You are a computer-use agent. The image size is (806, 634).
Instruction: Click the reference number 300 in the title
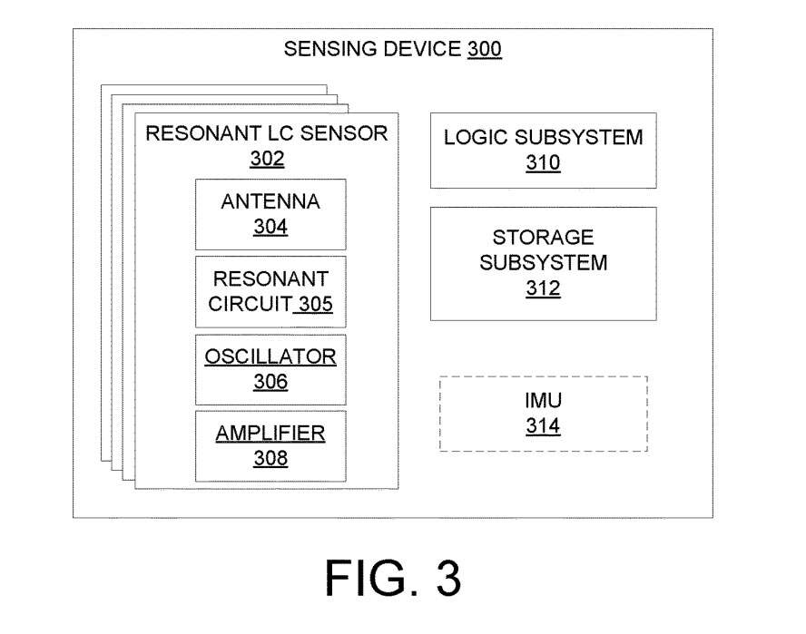coord(485,50)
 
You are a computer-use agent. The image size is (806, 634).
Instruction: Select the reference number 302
coord(267,160)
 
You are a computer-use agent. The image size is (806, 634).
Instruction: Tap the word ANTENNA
coord(270,201)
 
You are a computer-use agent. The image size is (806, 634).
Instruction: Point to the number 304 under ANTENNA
coord(270,227)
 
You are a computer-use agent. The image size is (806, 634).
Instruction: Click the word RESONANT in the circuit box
coord(270,277)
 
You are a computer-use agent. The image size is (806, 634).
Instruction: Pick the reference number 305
coord(315,303)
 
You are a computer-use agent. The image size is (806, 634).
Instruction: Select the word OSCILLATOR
coord(270,356)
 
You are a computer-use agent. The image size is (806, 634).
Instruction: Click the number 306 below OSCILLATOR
coord(270,381)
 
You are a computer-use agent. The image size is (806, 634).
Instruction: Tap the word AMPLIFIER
coord(270,433)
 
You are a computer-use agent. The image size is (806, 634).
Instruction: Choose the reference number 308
coord(270,458)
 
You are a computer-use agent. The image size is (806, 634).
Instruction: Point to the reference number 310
coord(543,163)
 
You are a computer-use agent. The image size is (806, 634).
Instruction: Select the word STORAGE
coord(543,238)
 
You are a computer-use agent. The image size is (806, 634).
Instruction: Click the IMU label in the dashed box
coord(543,400)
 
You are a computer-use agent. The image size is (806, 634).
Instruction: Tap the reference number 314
coord(543,425)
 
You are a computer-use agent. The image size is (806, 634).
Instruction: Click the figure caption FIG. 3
coord(393,577)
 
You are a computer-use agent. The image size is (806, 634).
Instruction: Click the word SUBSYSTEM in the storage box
coord(543,263)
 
